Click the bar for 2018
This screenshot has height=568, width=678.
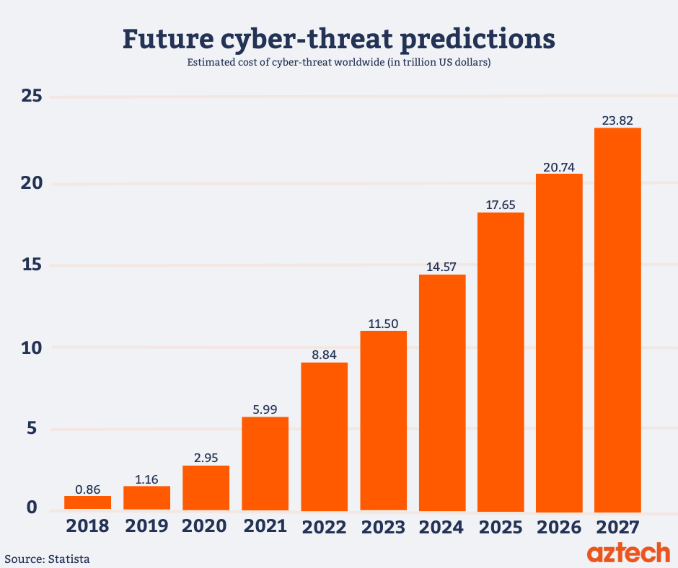pos(87,502)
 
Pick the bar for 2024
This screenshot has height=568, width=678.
pos(442,393)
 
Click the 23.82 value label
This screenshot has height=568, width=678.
pos(617,120)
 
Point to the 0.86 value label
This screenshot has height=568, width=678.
pos(87,488)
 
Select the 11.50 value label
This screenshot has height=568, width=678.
pos(383,323)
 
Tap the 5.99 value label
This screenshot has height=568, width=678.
pos(265,409)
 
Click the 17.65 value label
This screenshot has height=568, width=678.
pos(501,204)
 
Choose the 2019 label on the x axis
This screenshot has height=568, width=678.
pos(146,525)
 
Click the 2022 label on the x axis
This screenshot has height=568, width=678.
pos(324,526)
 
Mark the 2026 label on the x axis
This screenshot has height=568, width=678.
pos(559,527)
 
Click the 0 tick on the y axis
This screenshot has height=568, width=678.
pos(31,507)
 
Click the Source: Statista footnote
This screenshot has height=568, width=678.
pos(48,559)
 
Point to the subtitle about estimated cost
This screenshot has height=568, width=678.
pos(339,63)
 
